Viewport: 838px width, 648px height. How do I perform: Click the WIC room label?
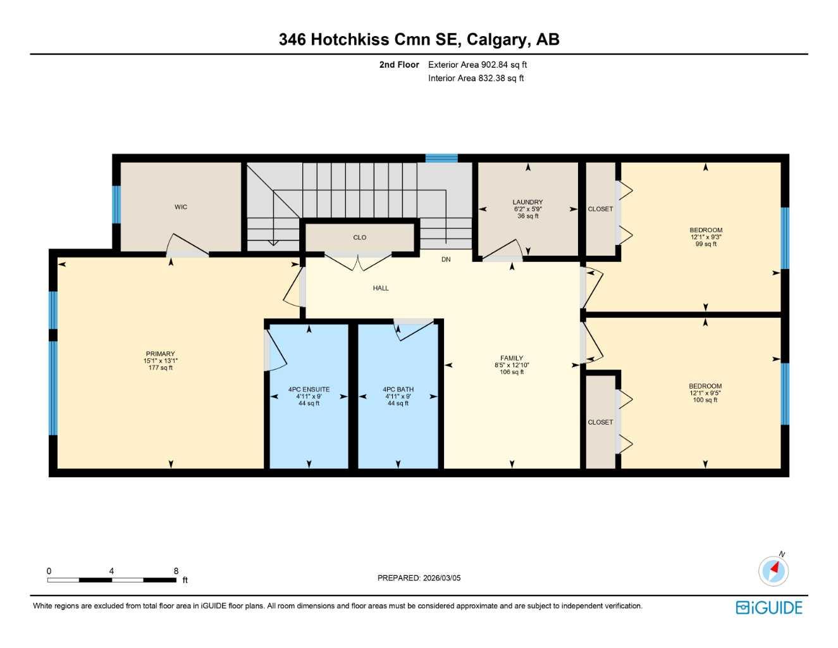click(181, 207)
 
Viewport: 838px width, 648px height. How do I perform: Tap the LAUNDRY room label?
click(527, 202)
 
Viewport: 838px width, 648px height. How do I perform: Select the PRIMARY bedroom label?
click(160, 354)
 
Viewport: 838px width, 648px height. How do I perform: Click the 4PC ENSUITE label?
click(309, 390)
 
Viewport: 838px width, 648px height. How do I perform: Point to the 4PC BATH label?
click(398, 390)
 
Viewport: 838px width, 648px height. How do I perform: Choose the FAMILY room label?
click(512, 358)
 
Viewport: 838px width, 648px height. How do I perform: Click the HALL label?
click(381, 288)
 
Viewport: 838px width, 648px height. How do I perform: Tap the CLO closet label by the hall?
click(359, 237)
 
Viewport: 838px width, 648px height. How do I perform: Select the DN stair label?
click(446, 259)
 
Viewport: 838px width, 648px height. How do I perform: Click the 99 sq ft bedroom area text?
click(706, 244)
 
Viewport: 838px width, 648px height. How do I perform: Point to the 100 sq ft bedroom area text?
click(705, 400)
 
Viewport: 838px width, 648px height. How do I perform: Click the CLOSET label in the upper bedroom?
click(600, 209)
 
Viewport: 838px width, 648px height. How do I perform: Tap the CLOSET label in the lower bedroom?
click(600, 422)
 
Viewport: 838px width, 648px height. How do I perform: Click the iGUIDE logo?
click(769, 607)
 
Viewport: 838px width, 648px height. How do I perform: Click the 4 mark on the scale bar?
click(111, 571)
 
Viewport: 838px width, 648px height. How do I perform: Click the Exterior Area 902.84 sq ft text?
click(478, 65)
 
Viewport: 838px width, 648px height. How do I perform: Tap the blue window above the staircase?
click(441, 158)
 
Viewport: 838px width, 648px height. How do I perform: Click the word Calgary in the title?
click(496, 39)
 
